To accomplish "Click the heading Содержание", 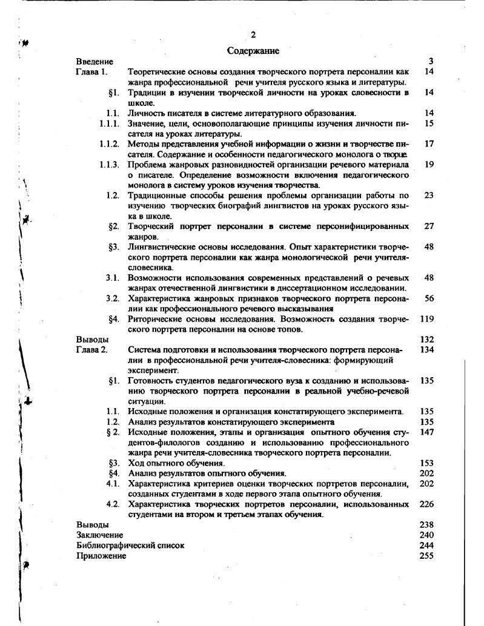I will click(253, 51).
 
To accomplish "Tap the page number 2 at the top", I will click(253, 35).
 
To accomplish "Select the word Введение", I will click(94, 61).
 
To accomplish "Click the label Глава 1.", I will click(91, 71).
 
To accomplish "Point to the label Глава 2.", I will click(91, 349).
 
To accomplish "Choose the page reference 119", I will click(426, 318).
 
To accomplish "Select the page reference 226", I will click(426, 504).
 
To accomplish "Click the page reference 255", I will click(426, 556).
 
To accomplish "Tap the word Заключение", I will click(99, 535).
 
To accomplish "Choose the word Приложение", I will click(101, 556).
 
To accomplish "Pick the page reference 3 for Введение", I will click(431, 61).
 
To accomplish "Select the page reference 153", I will click(426, 463).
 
